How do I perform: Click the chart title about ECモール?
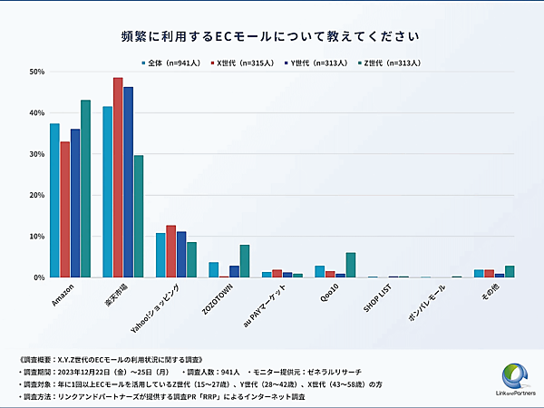point(271,36)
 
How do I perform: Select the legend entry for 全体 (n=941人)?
point(172,63)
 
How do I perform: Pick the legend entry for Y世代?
point(313,63)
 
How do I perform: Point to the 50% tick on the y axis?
point(37,72)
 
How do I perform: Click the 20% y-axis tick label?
point(37,195)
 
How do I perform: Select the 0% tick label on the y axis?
point(39,277)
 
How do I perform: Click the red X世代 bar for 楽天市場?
point(118,177)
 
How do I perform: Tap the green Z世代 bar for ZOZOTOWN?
point(244,261)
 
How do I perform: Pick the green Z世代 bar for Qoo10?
point(351,265)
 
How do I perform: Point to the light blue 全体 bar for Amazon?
point(54,200)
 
